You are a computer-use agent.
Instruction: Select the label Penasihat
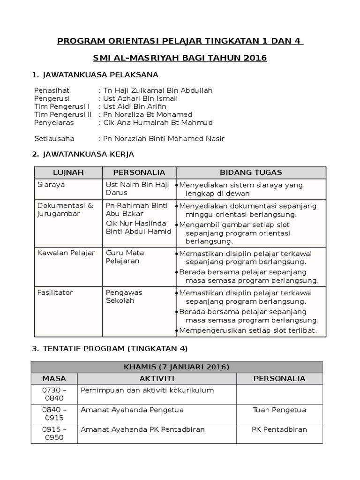[x=50, y=90]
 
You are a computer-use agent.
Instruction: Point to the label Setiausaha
[x=54, y=139]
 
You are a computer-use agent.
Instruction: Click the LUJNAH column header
[x=68, y=172]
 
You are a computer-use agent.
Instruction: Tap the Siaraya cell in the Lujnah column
[x=51, y=185]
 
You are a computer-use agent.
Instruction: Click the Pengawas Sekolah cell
[x=124, y=297]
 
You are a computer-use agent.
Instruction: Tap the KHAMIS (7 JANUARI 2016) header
[x=177, y=366]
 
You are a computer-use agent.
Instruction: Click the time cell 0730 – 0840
[x=54, y=394]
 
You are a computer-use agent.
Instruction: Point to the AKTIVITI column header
[x=157, y=378]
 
